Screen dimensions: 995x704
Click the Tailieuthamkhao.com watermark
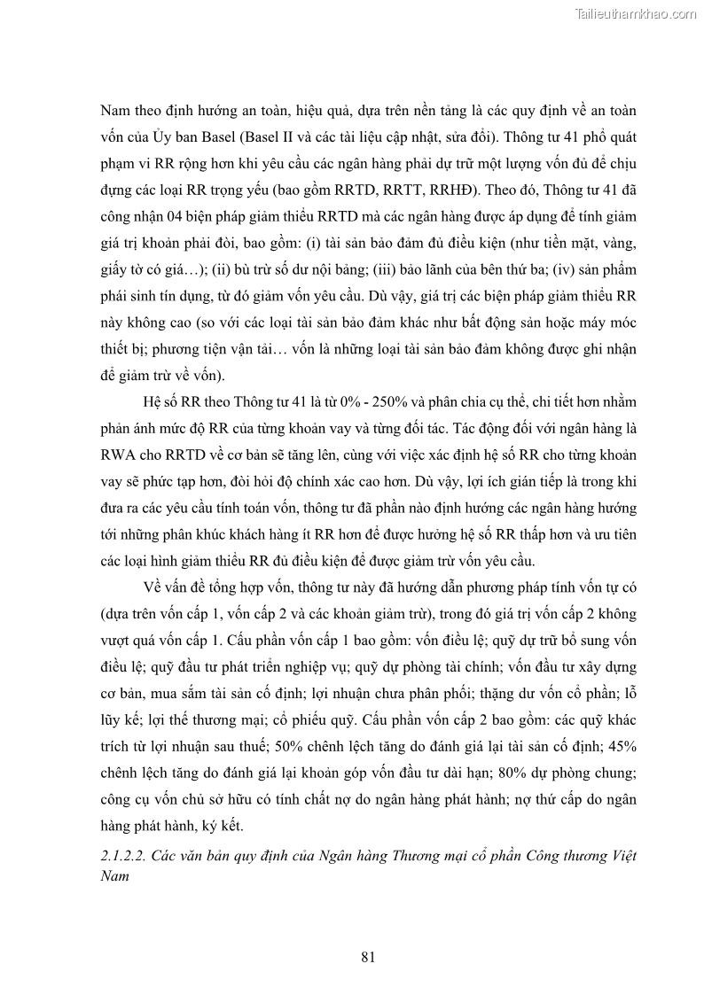point(637,13)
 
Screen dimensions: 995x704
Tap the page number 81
point(370,956)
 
